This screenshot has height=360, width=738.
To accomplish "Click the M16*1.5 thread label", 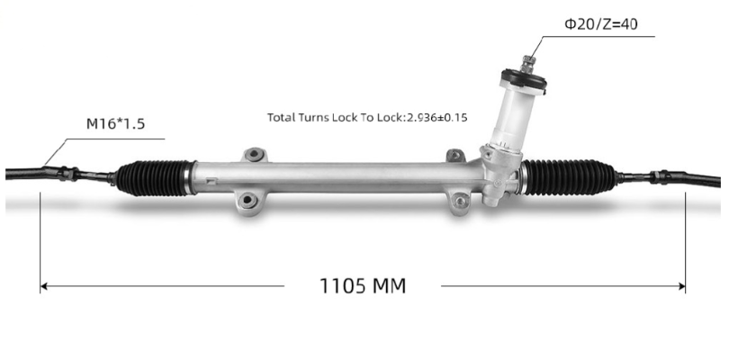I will [x=114, y=124].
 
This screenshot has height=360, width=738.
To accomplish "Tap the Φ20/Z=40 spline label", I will [x=600, y=24].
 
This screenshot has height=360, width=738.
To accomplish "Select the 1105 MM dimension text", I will [x=363, y=286].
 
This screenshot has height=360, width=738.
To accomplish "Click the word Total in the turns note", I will [x=282, y=118].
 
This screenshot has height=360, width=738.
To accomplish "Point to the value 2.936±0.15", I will [x=442, y=118].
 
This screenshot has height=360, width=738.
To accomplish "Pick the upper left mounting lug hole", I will [x=256, y=156].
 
